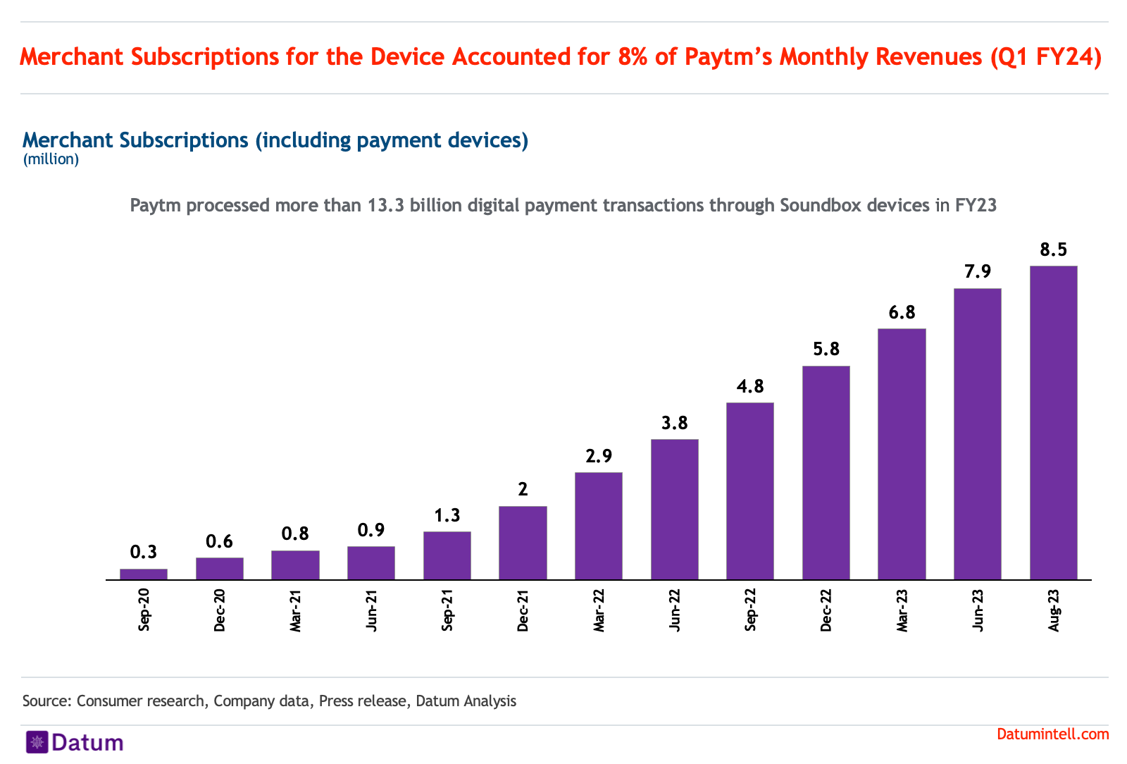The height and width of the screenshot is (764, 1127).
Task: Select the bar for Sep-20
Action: (x=144, y=574)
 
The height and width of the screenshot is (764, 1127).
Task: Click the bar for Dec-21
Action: (x=523, y=543)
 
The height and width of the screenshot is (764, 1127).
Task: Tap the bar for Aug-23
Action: (x=1053, y=423)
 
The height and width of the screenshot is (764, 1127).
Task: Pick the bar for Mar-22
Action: (x=599, y=526)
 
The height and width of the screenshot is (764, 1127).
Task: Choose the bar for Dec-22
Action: (x=826, y=472)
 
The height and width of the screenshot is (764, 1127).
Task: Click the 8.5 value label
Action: (x=1053, y=249)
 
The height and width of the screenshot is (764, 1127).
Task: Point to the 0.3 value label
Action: (x=144, y=552)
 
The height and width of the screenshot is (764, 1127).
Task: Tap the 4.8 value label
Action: (x=750, y=386)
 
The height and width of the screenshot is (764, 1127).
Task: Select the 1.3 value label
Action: (x=447, y=515)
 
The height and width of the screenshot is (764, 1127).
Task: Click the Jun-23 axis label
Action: (x=978, y=610)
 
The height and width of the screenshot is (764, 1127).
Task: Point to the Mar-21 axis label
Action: (x=296, y=610)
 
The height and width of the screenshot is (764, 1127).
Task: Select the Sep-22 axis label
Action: (x=750, y=610)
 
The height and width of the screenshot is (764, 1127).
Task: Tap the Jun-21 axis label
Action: (x=372, y=610)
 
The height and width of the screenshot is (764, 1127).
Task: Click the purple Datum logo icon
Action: (x=37, y=742)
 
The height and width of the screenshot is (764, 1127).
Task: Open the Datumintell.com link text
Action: (x=1052, y=734)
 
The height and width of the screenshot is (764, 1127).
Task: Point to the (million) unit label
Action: (x=51, y=159)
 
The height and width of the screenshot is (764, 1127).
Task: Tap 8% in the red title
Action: (x=633, y=57)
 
